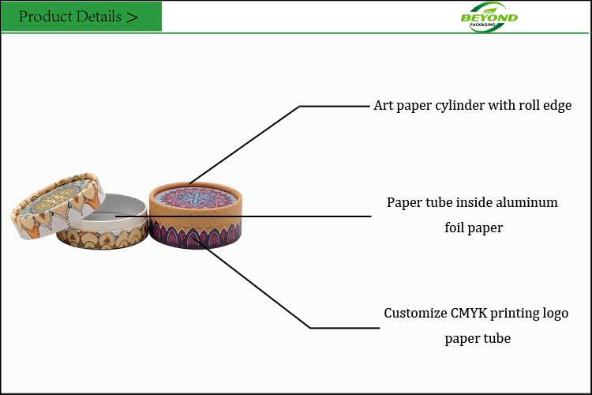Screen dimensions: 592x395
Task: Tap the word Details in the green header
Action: pos(99,17)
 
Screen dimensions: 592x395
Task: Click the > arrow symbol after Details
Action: pos(132,17)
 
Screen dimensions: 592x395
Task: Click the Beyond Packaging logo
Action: pos(489,17)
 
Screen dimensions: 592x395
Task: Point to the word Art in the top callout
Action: pos(383,105)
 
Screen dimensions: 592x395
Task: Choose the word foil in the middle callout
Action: pos(454,228)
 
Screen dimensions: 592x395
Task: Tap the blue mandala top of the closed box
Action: pos(195,198)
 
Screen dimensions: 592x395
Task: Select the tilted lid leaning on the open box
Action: pos(58,205)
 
